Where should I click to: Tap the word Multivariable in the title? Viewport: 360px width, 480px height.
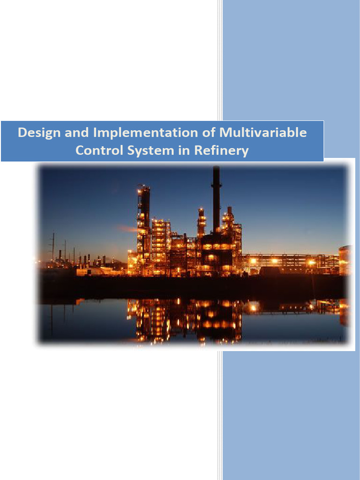click(263, 133)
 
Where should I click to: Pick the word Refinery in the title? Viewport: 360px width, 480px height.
click(222, 151)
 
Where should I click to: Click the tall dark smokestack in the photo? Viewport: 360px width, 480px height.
click(216, 202)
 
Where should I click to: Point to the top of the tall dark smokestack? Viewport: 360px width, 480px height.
click(216, 169)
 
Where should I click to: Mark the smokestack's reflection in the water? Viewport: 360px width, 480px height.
click(216, 323)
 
